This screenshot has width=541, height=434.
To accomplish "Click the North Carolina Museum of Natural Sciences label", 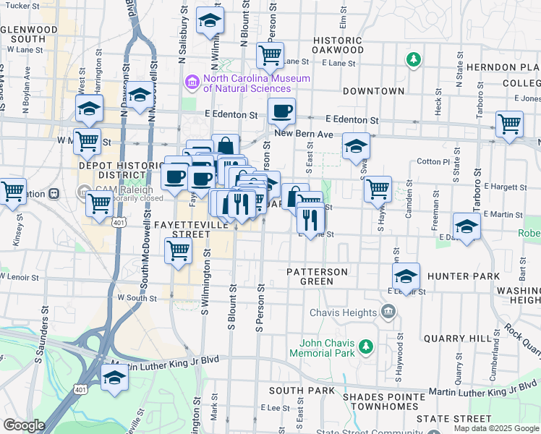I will pyautogui.click(x=256, y=83).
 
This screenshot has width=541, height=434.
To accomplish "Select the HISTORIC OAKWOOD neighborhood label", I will pyautogui.click(x=338, y=45).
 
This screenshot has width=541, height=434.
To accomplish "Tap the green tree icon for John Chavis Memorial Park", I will pyautogui.click(x=366, y=346).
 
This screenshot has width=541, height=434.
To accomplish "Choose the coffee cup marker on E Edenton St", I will pyautogui.click(x=281, y=111).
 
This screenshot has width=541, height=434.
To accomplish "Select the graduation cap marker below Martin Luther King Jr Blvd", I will pyautogui.click(x=114, y=378).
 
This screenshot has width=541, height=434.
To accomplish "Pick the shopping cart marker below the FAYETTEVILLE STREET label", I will pyautogui.click(x=178, y=251).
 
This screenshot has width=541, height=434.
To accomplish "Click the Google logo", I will pyautogui.click(x=23, y=425).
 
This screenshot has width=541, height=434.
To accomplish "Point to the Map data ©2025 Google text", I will pyautogui.click(x=496, y=428).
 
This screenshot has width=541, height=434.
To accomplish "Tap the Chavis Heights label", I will pyautogui.click(x=343, y=312).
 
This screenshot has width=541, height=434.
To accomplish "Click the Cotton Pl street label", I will pyautogui.click(x=434, y=161).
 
